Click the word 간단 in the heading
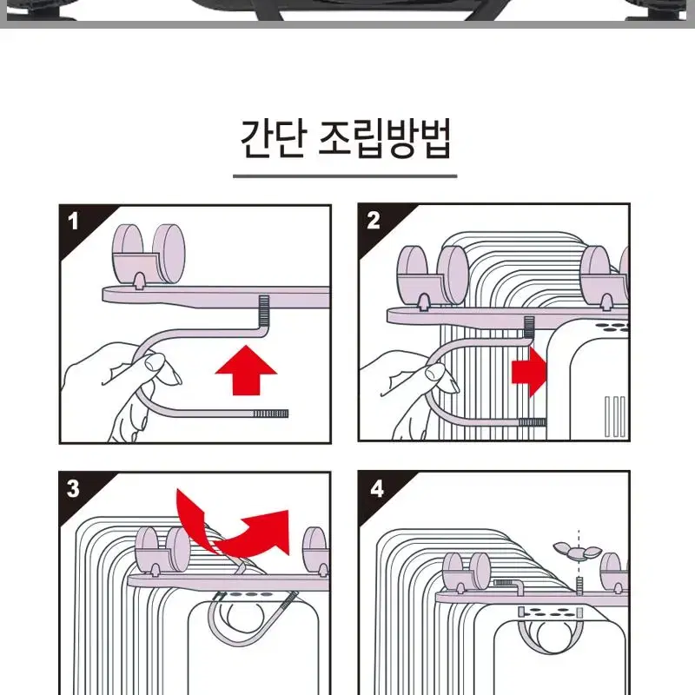[x=273, y=138]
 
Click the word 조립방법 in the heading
[x=385, y=138]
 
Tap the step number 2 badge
[x=374, y=221]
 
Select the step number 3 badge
[x=73, y=488]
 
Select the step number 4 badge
[x=377, y=488]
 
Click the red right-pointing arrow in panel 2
[x=530, y=372]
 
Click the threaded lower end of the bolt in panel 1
[x=270, y=414]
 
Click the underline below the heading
[x=345, y=176]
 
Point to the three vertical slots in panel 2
[x=615, y=416]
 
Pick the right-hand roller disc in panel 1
[x=169, y=253]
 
